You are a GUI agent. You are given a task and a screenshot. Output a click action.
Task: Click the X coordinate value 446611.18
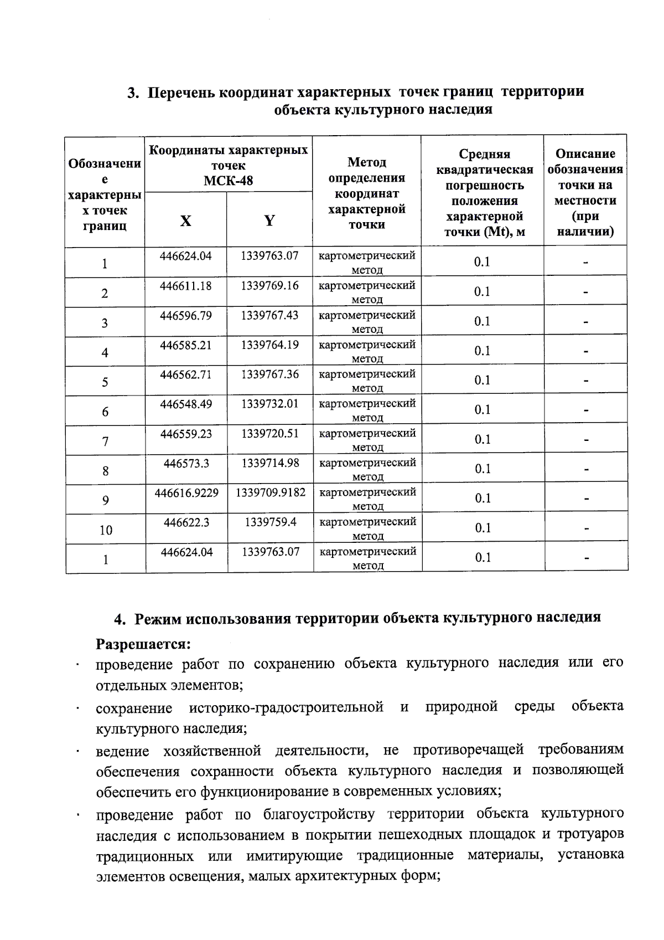click(x=185, y=286)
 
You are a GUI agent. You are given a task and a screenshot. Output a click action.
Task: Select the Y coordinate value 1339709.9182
click(x=271, y=492)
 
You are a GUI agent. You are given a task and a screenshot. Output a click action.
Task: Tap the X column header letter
click(x=185, y=221)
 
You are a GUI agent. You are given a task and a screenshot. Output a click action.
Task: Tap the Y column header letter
click(x=269, y=221)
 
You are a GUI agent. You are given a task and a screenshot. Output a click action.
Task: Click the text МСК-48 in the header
click(x=228, y=181)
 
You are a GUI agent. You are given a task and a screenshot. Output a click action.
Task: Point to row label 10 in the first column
click(x=106, y=530)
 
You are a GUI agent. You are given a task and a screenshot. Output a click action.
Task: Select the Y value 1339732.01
click(x=269, y=404)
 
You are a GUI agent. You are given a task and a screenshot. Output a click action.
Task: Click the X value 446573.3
click(x=186, y=463)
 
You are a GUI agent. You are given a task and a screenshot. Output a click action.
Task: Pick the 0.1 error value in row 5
click(x=482, y=380)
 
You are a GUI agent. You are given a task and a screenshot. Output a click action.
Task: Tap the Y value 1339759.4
click(x=271, y=522)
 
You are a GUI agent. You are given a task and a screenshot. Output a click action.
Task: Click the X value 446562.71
click(x=186, y=374)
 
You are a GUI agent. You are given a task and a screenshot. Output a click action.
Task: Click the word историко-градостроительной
click(x=286, y=707)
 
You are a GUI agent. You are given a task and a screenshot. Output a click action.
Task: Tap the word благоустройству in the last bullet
click(x=319, y=814)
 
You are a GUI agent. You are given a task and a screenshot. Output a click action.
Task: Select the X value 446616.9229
click(x=186, y=492)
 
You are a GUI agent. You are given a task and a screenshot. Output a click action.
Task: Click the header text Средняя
click(x=484, y=154)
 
